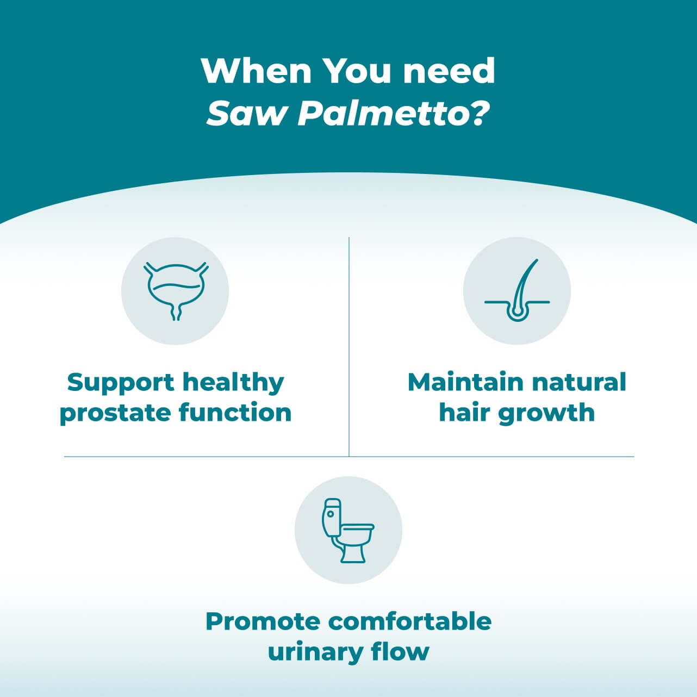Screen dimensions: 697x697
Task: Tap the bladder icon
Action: point(176,291)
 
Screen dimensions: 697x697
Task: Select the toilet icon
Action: point(348,531)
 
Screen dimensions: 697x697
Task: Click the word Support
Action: point(121,383)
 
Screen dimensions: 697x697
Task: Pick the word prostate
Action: point(115,413)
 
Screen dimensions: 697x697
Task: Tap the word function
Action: point(235,412)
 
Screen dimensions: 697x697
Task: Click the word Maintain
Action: point(465,382)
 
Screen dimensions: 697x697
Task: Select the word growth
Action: point(546,413)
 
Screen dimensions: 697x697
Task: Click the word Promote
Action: point(263,621)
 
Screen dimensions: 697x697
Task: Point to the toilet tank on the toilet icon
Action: point(332,517)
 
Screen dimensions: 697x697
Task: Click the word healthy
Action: point(233,383)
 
